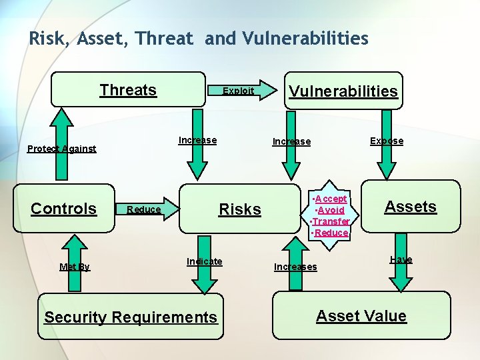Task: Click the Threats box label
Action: coord(128,90)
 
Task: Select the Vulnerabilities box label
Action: coord(343,91)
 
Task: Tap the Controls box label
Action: coord(64,209)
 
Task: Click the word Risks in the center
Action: coord(240,209)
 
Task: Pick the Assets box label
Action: coord(410,207)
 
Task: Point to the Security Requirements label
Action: coord(131,317)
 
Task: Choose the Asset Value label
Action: coord(361,316)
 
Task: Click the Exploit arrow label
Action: coord(238,91)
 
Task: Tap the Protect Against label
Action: coord(61,149)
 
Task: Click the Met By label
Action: coord(74,267)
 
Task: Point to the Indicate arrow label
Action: coord(205,261)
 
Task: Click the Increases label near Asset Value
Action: coord(295,267)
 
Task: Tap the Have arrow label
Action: coord(401,259)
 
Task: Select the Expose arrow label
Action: coord(387,141)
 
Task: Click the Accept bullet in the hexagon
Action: coord(331,199)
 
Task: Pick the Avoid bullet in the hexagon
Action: coord(331,210)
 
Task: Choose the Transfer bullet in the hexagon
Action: coord(331,221)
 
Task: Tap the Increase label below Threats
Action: coord(197,140)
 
